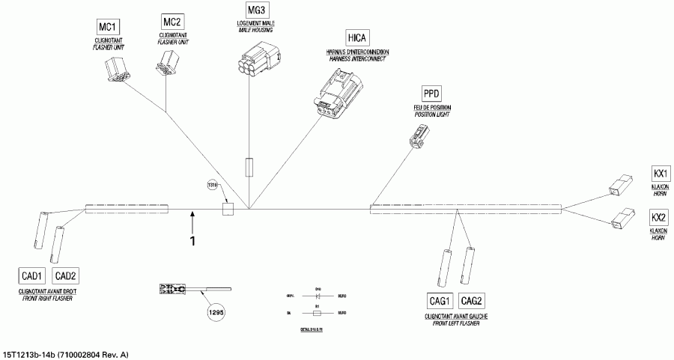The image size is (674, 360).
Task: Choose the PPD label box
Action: [x=431, y=94]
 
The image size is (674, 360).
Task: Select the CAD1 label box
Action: [x=33, y=275]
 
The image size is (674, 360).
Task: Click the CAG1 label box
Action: [x=440, y=301]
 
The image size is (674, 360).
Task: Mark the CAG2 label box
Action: [x=472, y=301]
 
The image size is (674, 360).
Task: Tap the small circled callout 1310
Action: [x=213, y=184]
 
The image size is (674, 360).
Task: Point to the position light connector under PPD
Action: [x=416, y=135]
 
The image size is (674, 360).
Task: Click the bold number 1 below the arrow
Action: [x=192, y=241]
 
